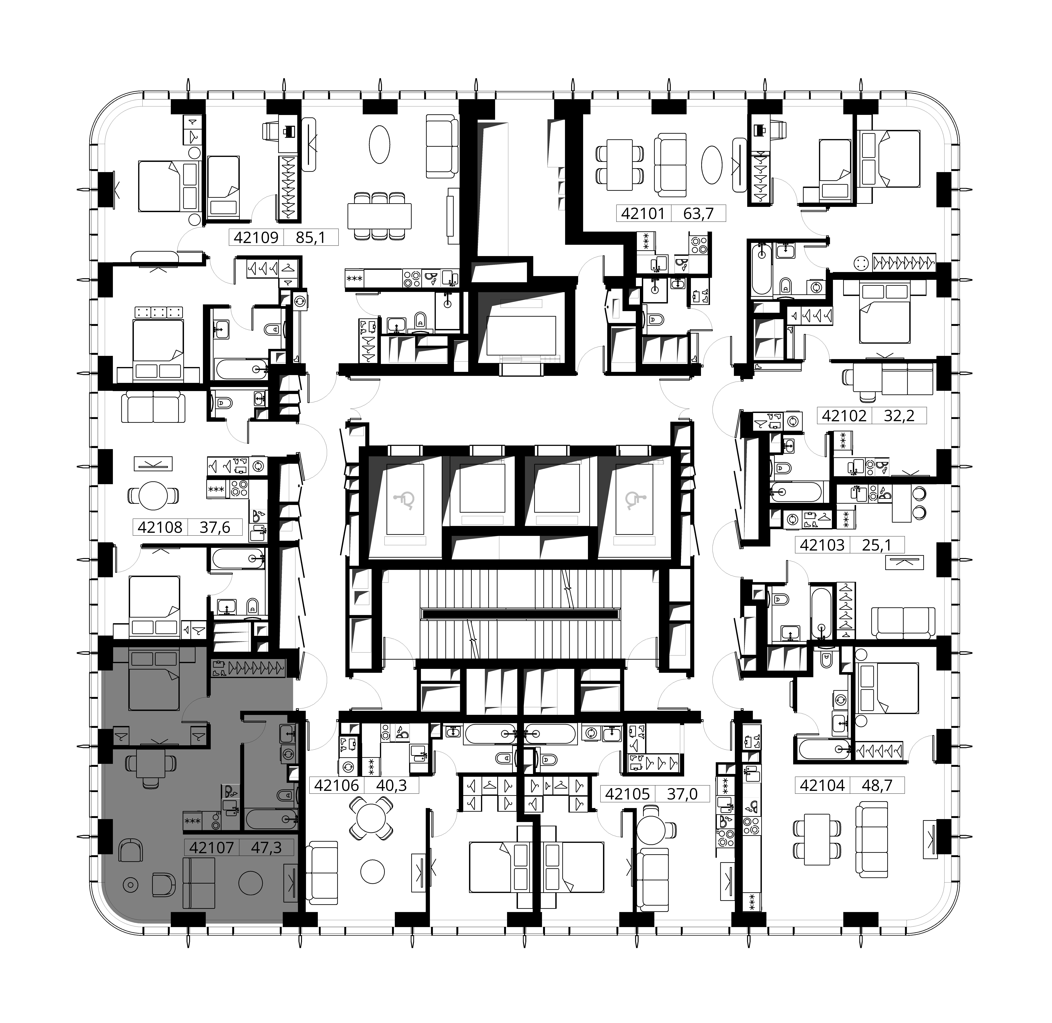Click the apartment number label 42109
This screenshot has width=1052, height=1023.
coord(256,237)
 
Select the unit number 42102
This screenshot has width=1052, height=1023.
coord(844,415)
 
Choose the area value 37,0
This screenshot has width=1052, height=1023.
coord(682,794)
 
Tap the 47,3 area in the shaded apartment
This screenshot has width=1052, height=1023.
coord(267,847)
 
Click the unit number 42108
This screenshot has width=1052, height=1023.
coord(160,527)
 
